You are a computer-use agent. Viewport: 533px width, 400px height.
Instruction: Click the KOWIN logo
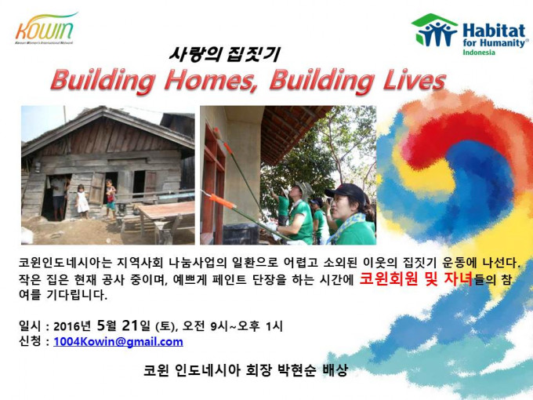(45, 28)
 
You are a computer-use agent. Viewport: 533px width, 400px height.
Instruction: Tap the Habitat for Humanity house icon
(434, 30)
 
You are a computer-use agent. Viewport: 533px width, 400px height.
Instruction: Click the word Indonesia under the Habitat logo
(479, 53)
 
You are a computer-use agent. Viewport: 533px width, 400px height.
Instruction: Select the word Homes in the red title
(211, 80)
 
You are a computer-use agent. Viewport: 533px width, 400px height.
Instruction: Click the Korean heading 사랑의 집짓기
(224, 54)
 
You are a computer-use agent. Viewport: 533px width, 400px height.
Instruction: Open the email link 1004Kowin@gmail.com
(118, 341)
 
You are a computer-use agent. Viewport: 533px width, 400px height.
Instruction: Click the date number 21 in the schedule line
(130, 325)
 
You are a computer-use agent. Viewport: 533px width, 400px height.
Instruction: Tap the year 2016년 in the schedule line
(72, 326)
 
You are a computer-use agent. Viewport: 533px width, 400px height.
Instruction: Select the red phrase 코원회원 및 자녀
(416, 279)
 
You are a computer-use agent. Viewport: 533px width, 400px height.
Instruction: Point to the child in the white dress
(82, 202)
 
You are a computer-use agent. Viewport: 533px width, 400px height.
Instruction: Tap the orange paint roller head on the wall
(222, 202)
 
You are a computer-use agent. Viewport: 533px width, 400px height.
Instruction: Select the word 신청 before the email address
(31, 341)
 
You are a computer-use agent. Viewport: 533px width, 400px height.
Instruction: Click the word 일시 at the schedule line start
(31, 325)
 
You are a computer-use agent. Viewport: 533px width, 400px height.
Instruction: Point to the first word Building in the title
(103, 81)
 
